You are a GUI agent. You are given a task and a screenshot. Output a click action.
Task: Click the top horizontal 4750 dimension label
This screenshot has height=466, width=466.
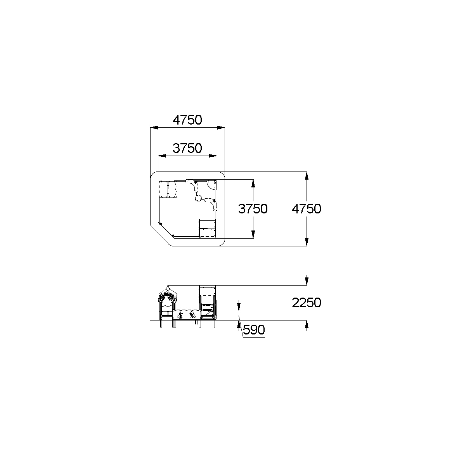point(187,120)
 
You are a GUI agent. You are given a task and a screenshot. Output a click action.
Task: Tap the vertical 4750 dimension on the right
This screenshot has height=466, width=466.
point(307,209)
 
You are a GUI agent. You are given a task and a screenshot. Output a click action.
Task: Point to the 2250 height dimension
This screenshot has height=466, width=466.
point(307,303)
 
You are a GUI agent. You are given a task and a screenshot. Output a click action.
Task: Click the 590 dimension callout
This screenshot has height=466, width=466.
point(254,330)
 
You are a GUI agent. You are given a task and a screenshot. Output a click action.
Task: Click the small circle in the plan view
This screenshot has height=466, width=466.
point(198,198)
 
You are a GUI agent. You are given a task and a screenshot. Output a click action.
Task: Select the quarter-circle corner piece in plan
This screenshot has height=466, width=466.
point(212,184)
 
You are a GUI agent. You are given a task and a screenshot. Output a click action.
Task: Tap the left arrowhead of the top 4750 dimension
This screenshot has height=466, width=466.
point(154,128)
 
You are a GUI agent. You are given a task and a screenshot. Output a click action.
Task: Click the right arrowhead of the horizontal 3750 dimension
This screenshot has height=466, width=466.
point(213,156)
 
